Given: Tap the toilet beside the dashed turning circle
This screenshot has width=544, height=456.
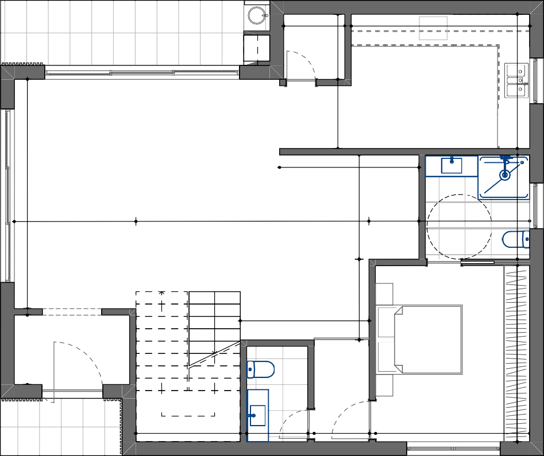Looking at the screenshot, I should click(x=516, y=239).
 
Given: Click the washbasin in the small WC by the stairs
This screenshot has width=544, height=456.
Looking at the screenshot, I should click(x=257, y=415).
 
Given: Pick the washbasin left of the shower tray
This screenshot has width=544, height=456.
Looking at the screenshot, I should click(x=452, y=166).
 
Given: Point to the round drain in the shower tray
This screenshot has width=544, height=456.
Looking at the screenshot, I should click(x=505, y=175).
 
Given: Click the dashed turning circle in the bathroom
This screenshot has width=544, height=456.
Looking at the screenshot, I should click(x=459, y=226).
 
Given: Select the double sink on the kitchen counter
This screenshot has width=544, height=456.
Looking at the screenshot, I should click(x=515, y=80).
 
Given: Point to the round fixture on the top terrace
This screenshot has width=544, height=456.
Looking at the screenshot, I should click(x=257, y=15).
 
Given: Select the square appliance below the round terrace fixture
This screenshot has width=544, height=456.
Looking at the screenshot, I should click(x=257, y=48).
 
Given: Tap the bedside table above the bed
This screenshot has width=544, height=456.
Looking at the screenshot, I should click(x=384, y=294).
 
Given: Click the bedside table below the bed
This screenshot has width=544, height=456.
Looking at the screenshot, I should click(x=384, y=385).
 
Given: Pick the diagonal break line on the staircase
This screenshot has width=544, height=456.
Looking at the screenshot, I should click(x=214, y=353).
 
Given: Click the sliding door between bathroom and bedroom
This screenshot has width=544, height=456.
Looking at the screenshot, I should click(x=477, y=263).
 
